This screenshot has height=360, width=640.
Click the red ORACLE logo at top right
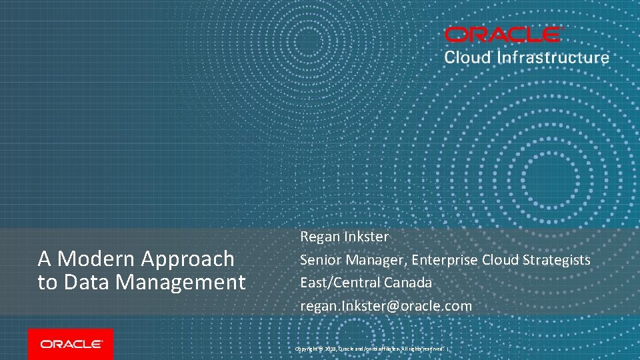[504, 35]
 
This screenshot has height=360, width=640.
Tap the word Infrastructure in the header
[553, 57]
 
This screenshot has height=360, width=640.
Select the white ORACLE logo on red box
[71, 344]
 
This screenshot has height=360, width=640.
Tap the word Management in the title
[181, 283]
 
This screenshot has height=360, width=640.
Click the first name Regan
[320, 237]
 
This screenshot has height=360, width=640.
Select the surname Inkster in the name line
[367, 237]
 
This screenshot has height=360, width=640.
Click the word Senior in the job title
[320, 260]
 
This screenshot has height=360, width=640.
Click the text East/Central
[340, 283]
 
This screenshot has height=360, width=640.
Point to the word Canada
[408, 283]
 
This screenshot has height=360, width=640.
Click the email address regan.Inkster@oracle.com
[386, 306]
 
